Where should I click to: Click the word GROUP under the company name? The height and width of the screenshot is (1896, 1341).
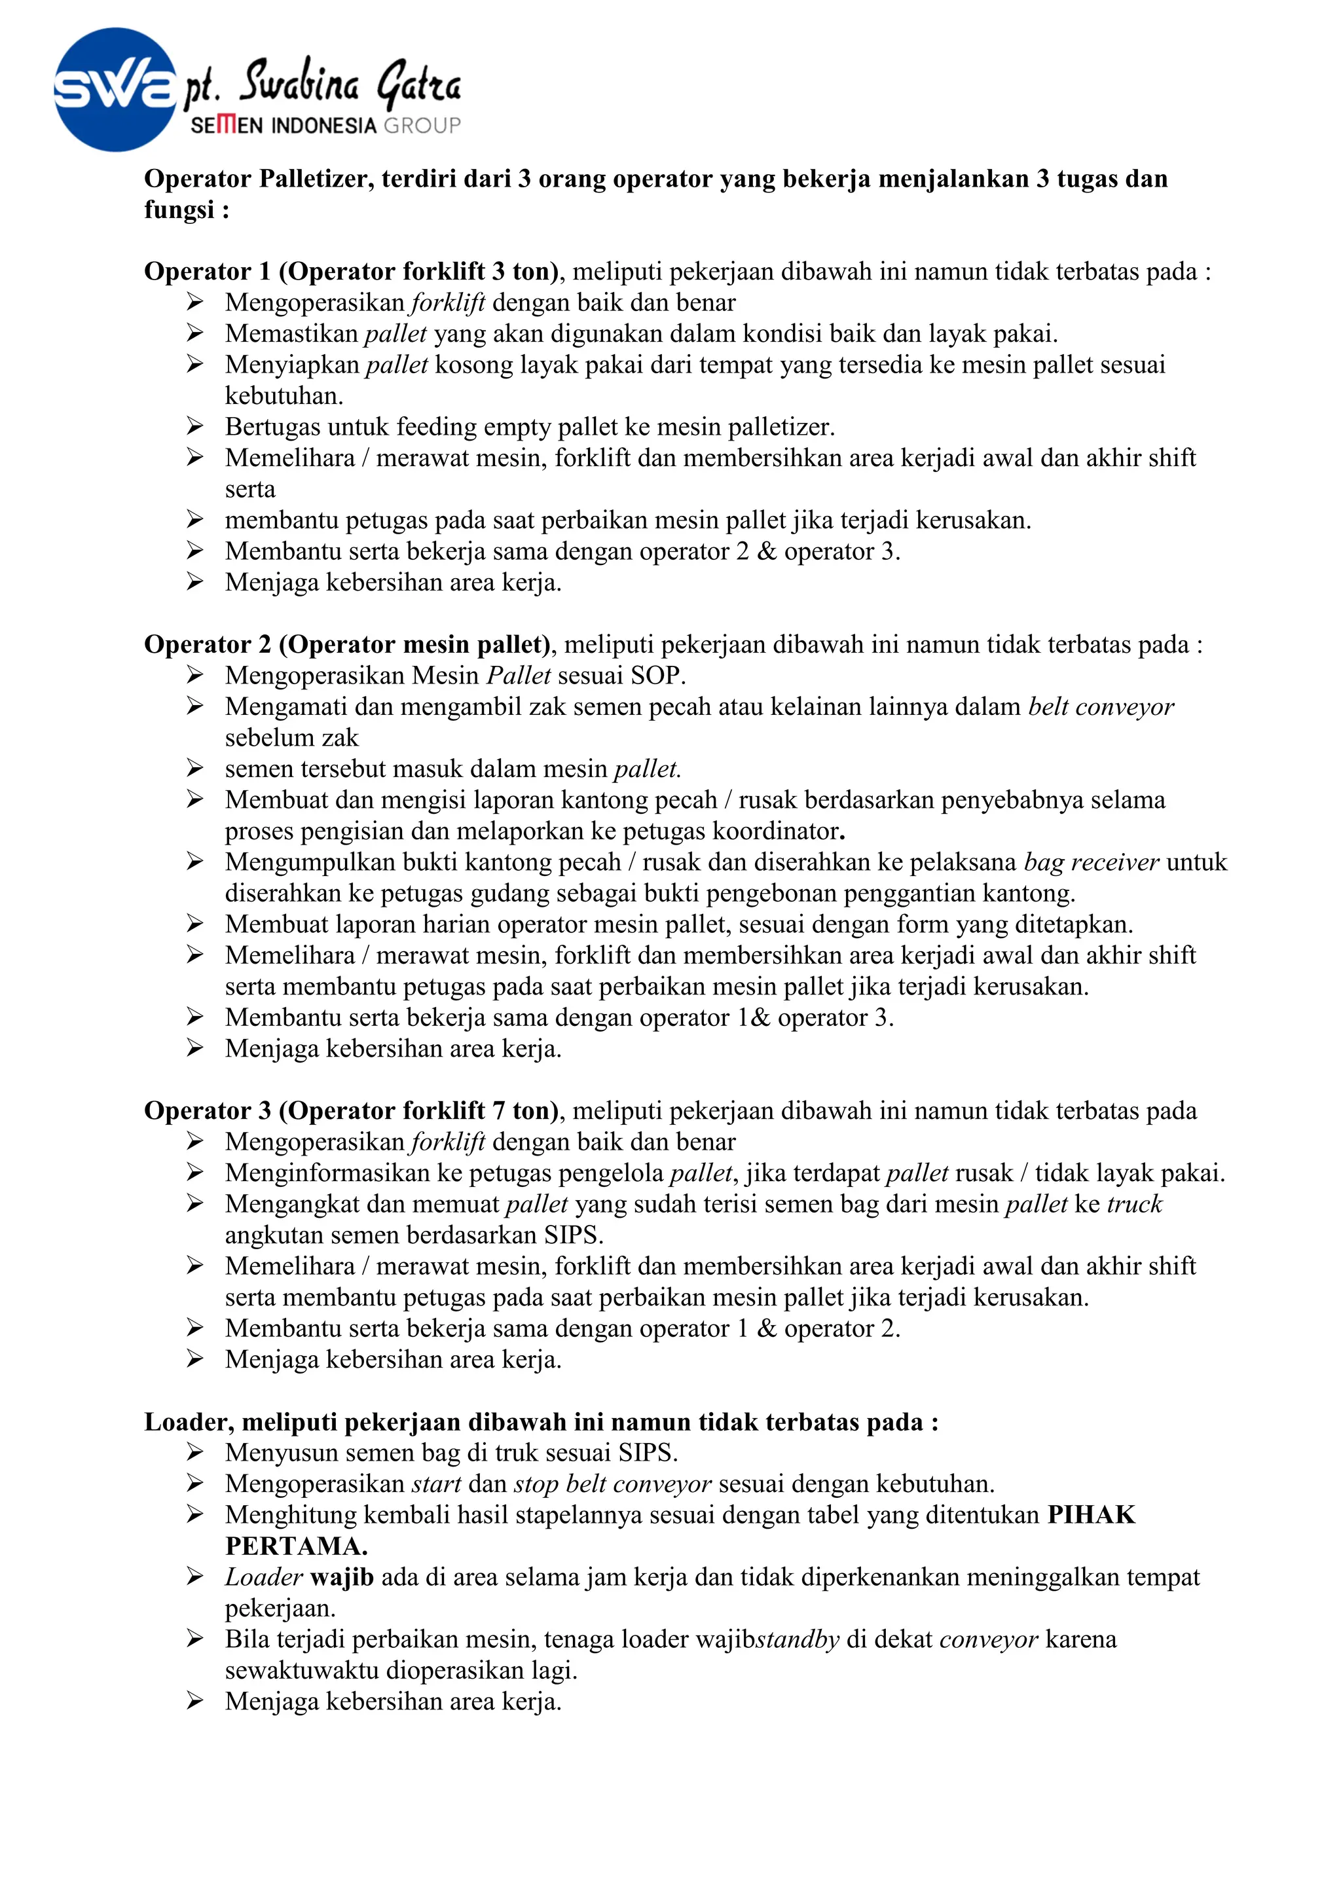[422, 126]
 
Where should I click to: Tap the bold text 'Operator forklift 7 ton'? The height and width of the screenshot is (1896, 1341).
[420, 1110]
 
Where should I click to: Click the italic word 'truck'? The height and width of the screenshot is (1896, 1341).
[1135, 1204]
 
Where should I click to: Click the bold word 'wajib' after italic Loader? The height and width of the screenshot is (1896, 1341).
[342, 1577]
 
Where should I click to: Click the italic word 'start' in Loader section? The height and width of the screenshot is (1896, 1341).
[436, 1484]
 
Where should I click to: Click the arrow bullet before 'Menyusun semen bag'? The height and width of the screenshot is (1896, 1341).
[195, 1453]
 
